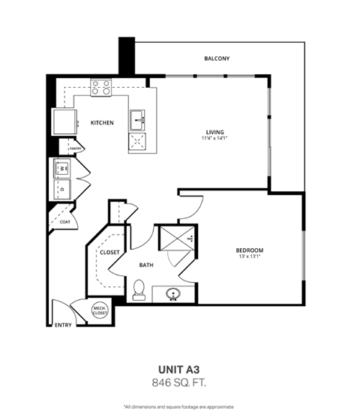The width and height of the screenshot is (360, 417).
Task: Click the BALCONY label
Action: (x=217, y=58)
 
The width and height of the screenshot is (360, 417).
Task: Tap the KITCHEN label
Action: (x=102, y=122)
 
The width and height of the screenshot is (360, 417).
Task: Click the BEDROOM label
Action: (x=249, y=250)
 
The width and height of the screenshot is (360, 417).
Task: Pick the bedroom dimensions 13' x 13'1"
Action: (x=249, y=258)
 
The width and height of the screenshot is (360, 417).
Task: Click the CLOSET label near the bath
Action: (x=109, y=253)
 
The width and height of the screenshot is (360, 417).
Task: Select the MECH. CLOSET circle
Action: (x=100, y=310)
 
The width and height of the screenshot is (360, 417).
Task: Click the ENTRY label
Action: (x=64, y=325)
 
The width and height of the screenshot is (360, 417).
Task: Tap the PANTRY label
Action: (x=75, y=149)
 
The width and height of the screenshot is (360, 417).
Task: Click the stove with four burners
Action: (x=100, y=88)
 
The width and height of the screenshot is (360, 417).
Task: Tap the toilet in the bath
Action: (x=139, y=289)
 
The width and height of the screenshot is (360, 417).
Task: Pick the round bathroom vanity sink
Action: (x=175, y=294)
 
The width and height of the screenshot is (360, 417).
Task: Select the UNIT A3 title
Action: (x=180, y=369)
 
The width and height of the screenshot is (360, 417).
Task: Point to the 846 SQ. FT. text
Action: (x=180, y=382)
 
